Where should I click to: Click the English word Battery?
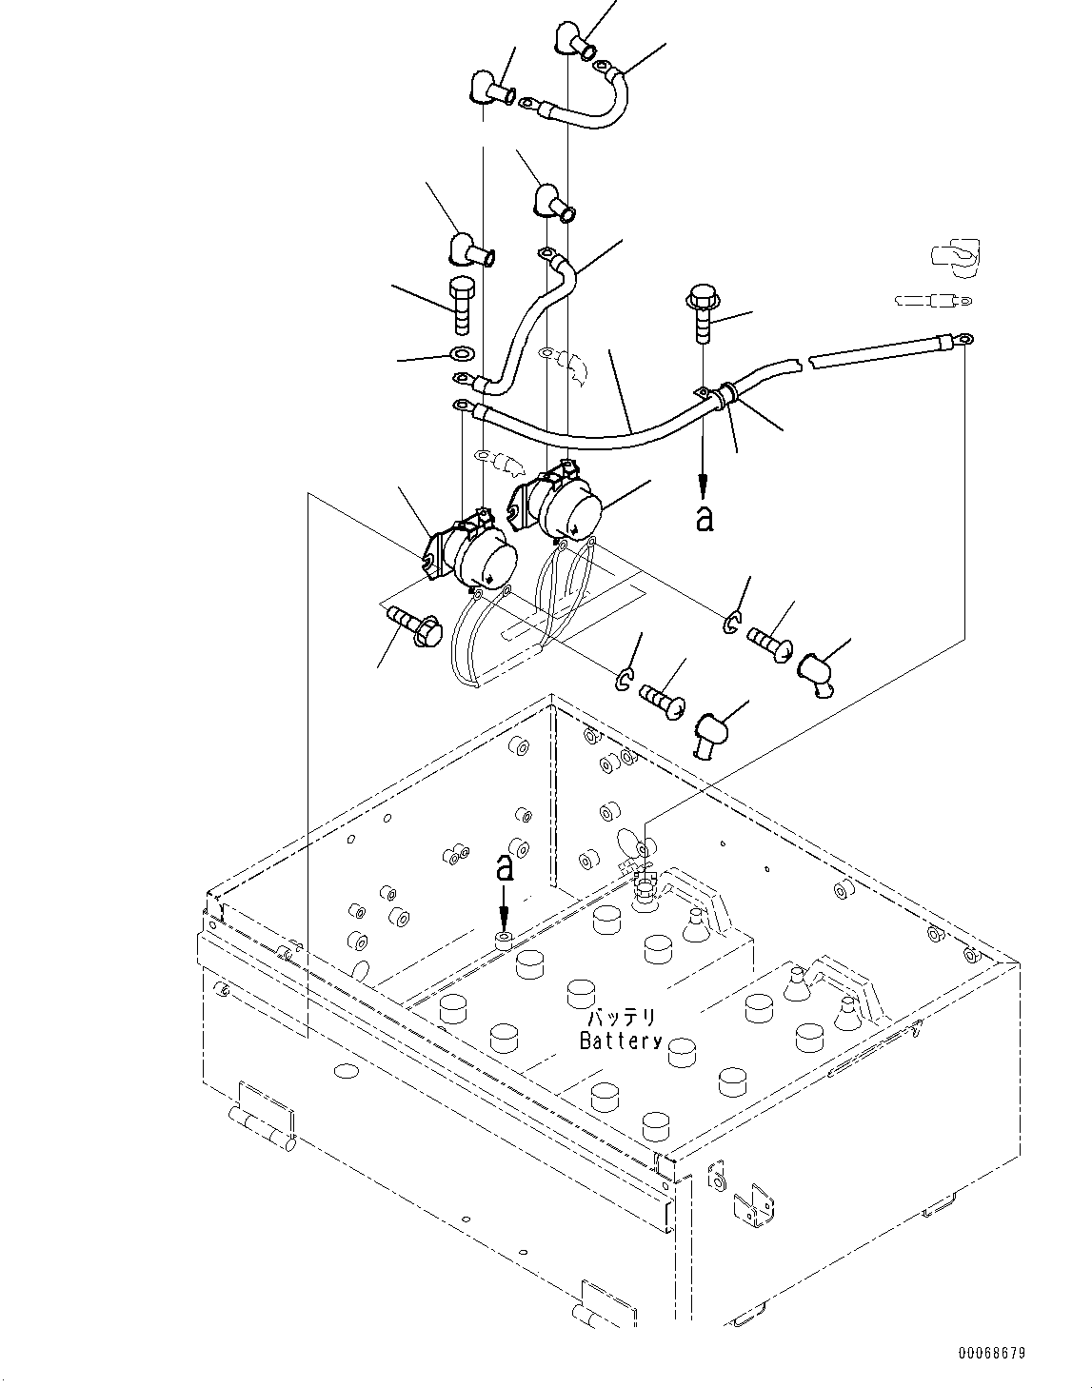[621, 1041]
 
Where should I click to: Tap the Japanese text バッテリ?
[622, 1018]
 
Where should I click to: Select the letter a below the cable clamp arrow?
[704, 519]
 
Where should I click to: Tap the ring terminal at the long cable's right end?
[963, 337]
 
